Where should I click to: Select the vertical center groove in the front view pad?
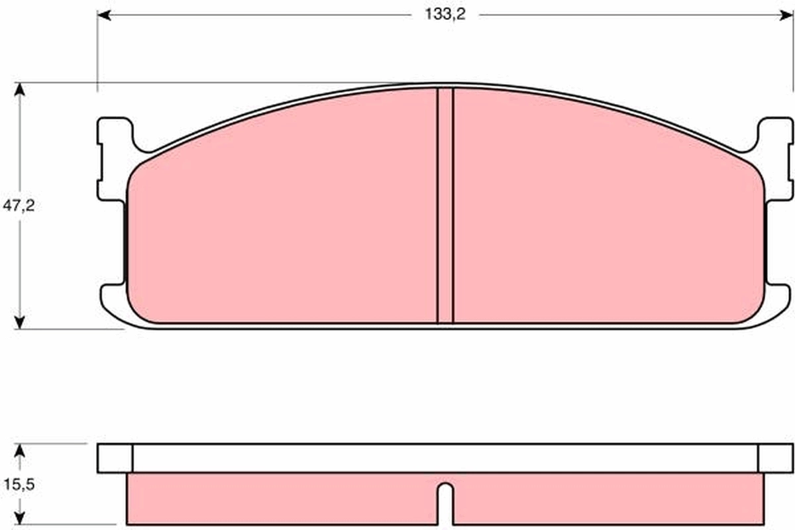[x=445, y=205]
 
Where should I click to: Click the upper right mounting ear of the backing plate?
[x=775, y=159]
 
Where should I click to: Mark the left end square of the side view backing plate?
[x=115, y=458]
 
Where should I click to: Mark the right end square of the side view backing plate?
[x=774, y=458]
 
